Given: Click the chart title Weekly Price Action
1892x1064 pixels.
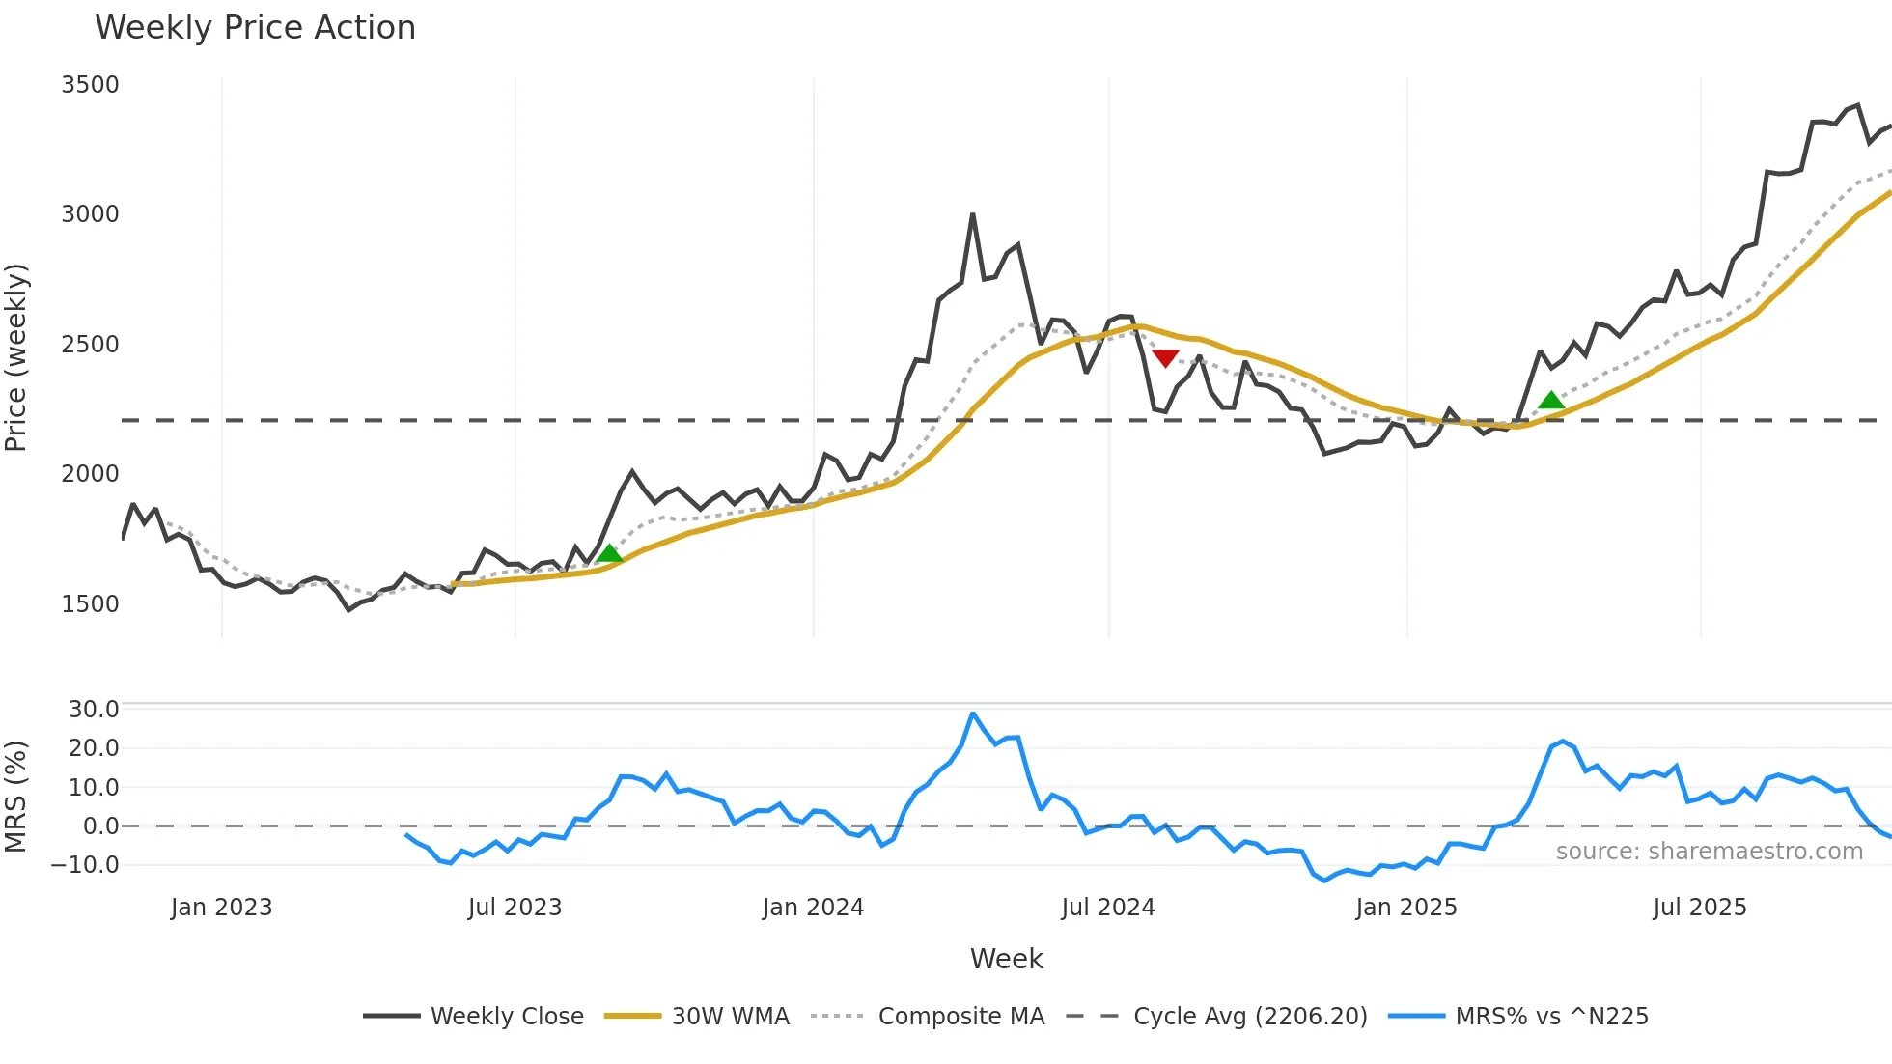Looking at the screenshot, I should [x=255, y=28].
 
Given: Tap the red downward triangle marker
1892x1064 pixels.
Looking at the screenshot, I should [x=1165, y=358].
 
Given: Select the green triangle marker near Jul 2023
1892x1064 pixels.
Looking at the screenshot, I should [x=609, y=553].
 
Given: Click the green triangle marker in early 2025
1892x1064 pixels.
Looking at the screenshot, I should [x=1550, y=400].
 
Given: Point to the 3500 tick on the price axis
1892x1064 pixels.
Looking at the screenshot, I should [x=90, y=85].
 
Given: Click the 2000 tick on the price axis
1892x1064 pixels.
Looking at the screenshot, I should [x=90, y=474].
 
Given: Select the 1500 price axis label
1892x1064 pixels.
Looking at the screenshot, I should [x=90, y=604].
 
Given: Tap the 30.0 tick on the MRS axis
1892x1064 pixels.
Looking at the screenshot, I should [x=94, y=710].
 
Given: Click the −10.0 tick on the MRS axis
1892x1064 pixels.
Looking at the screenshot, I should [x=85, y=865].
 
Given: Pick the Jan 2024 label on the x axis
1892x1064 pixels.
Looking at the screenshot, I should [x=813, y=908].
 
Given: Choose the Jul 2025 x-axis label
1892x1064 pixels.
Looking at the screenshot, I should [x=1699, y=908].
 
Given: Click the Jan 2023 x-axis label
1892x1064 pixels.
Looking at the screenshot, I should [x=221, y=908].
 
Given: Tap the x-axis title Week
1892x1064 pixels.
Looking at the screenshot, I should [x=1006, y=959].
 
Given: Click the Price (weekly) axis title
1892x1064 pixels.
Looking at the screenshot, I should [x=16, y=357].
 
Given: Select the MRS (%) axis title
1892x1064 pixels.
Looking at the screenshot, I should [x=16, y=797].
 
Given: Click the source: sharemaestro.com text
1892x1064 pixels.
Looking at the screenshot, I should [x=1709, y=852].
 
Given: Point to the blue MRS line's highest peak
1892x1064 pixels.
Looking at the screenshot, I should [x=973, y=714].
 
